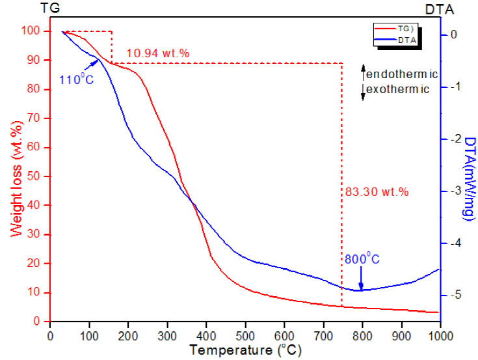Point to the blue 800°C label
point(363,259)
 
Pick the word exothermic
point(397,89)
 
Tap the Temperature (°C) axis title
point(246,350)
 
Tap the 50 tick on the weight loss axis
point(36,176)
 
